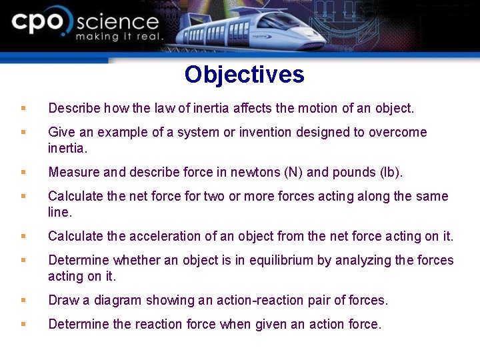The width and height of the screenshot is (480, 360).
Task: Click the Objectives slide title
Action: click(x=244, y=75)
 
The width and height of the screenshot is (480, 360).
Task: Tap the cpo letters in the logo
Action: click(x=40, y=23)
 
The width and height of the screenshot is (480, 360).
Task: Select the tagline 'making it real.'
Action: click(x=119, y=37)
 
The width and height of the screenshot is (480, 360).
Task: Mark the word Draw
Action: click(x=63, y=301)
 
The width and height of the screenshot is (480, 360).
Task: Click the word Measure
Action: click(x=73, y=173)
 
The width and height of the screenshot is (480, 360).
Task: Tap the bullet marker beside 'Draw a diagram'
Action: click(x=23, y=300)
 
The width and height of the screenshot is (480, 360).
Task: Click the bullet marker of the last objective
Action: click(x=23, y=324)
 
